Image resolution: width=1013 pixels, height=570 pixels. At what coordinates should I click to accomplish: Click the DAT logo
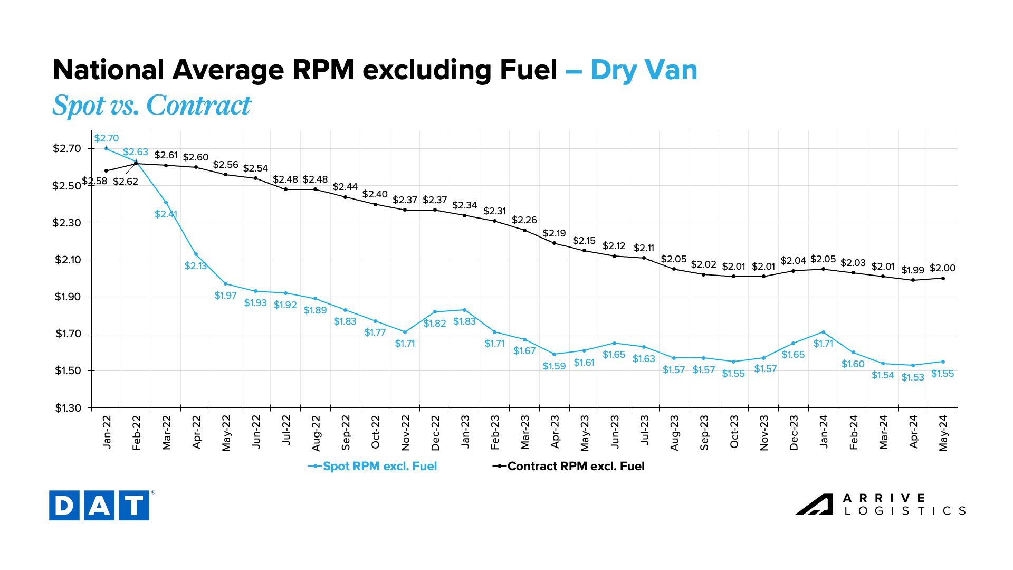[99, 506]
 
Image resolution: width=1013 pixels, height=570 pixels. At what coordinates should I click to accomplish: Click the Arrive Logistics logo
[881, 505]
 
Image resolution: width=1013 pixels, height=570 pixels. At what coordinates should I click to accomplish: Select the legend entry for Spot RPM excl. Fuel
[373, 467]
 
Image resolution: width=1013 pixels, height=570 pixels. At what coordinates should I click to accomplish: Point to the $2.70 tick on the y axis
[66, 148]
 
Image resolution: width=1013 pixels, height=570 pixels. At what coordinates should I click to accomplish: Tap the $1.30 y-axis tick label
[68, 408]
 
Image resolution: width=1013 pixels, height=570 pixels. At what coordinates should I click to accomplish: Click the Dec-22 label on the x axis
[435, 433]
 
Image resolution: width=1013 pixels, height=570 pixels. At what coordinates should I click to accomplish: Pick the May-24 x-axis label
[943, 433]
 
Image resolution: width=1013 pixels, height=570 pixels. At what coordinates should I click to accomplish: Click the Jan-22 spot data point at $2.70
[107, 149]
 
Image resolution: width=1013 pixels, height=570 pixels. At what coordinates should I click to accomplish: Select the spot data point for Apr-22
[196, 254]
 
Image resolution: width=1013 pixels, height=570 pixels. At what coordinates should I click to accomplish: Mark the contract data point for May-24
[943, 278]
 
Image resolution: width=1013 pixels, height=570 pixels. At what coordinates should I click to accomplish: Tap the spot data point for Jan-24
[824, 332]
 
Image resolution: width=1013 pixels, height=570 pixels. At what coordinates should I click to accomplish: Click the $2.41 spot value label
[166, 214]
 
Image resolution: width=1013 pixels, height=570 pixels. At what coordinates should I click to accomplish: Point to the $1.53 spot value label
[913, 377]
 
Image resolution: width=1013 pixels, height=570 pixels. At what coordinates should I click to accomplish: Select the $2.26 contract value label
[524, 220]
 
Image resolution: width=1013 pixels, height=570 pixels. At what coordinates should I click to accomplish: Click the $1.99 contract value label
[913, 270]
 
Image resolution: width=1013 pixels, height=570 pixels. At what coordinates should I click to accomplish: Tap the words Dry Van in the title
[644, 70]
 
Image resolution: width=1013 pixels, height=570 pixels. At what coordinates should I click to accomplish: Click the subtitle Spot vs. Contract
[152, 105]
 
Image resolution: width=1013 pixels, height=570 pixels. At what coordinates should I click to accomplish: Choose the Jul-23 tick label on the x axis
[644, 430]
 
